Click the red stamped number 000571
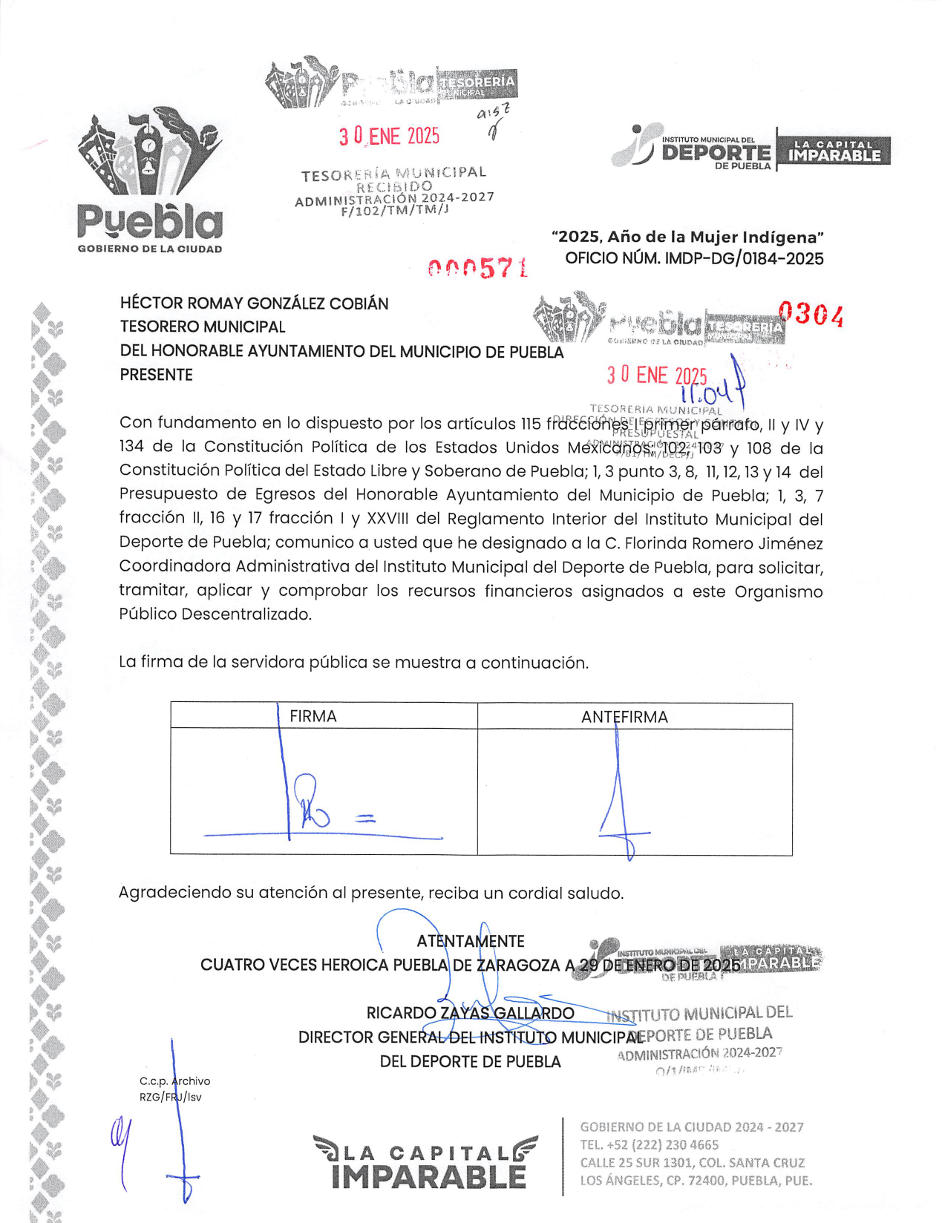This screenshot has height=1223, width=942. tap(478, 269)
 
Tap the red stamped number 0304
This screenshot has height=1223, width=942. tap(811, 315)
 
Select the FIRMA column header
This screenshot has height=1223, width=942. tap(313, 716)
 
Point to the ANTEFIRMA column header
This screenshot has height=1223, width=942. tap(624, 717)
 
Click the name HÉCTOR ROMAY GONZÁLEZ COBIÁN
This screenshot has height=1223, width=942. tap(254, 304)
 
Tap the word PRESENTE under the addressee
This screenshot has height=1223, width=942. tap(156, 375)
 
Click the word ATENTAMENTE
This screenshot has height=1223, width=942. tap(470, 941)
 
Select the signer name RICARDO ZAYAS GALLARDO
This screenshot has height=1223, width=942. tap(470, 1013)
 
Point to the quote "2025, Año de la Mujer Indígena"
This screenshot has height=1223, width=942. tap(687, 237)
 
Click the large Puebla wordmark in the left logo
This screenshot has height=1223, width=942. tap(149, 220)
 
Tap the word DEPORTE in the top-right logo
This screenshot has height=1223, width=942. tap(716, 153)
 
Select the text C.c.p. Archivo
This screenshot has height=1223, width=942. tap(174, 1081)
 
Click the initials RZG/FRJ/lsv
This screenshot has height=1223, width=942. tap(170, 1097)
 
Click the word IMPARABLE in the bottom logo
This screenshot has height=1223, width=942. tap(428, 1176)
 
